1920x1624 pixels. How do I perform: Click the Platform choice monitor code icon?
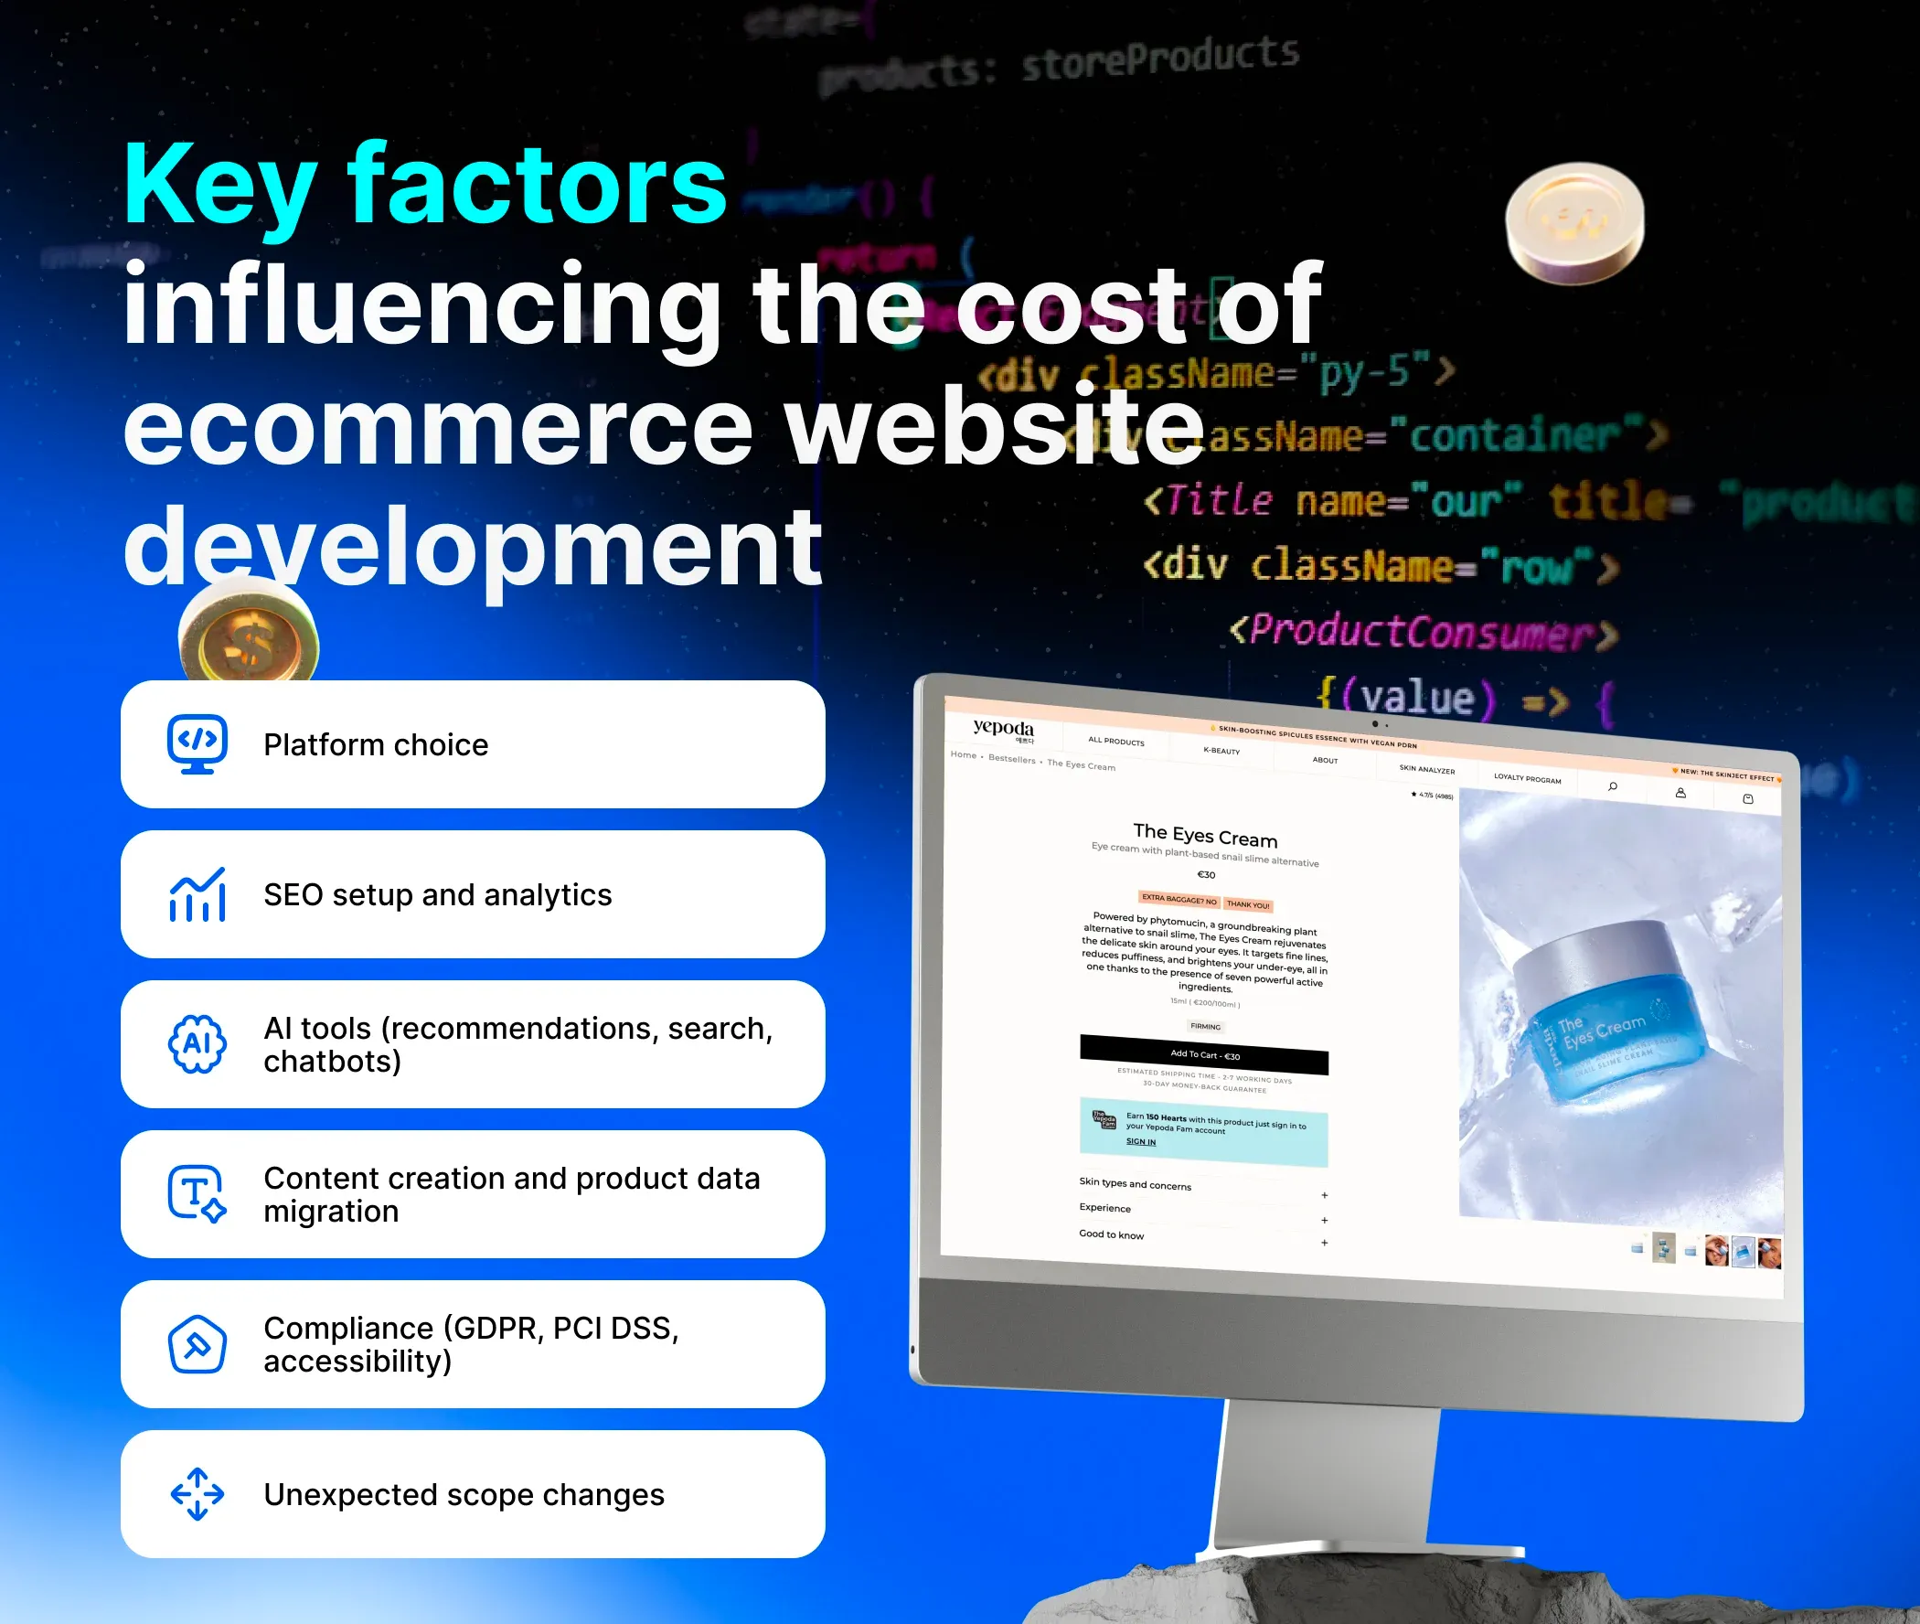197,743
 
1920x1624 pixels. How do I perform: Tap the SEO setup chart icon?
197,895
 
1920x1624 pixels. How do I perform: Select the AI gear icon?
197,1044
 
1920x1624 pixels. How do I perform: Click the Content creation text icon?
197,1194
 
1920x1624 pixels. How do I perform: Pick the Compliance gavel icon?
197,1344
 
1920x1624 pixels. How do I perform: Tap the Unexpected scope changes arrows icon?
197,1494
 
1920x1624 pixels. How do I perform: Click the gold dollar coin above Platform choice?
249,640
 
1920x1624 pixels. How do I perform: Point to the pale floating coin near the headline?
1573,223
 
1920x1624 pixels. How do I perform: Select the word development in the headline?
472,548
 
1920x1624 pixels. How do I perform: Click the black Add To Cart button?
1204,1055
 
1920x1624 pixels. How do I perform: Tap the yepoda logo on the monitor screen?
1002,728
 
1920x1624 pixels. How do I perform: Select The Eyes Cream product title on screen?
1205,834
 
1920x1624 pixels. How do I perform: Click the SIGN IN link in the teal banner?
1140,1141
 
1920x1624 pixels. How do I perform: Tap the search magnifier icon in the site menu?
1613,786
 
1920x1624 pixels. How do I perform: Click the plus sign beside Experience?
1325,1220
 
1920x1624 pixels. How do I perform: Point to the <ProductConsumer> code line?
1422,633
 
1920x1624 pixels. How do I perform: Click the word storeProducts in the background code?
1159,58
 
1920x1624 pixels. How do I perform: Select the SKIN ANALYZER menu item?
1426,769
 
